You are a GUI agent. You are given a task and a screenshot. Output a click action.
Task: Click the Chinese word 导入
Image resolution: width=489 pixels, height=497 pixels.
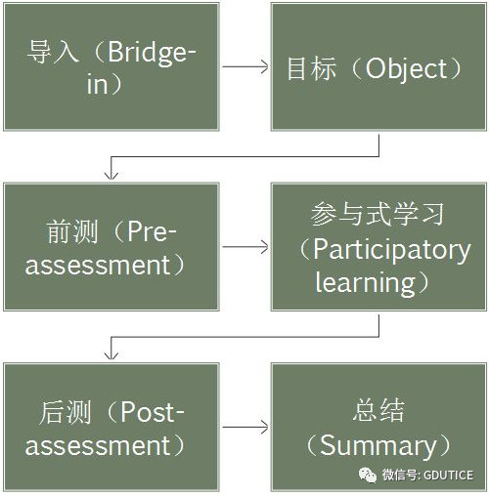(53, 52)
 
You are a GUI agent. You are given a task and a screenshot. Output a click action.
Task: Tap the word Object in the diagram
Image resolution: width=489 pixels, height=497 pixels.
(407, 69)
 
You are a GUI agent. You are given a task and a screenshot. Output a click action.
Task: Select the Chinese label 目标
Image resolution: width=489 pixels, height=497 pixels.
(311, 68)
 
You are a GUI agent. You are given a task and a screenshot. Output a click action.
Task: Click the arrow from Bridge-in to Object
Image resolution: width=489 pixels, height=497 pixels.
(245, 66)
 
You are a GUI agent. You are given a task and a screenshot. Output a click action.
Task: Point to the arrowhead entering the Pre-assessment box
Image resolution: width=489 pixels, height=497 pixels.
(111, 175)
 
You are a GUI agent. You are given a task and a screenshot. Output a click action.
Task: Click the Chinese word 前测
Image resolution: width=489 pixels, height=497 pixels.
(72, 231)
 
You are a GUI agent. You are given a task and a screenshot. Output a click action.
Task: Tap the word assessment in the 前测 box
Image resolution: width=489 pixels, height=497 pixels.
(98, 266)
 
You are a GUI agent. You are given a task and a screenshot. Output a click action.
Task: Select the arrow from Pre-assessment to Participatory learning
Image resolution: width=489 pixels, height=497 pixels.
(245, 247)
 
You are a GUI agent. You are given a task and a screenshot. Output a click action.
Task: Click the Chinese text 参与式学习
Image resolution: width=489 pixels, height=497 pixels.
(378, 214)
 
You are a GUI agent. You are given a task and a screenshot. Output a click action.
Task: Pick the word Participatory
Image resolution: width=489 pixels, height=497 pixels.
(391, 251)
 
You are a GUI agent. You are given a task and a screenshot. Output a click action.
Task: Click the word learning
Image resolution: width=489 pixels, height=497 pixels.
(365, 283)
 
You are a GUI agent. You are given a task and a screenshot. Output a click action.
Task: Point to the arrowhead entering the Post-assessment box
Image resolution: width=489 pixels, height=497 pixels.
(111, 355)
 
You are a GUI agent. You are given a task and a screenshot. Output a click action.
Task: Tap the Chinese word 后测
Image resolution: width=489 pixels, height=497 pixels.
(65, 412)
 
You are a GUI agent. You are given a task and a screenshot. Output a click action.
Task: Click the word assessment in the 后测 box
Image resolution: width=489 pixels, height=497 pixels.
(98, 445)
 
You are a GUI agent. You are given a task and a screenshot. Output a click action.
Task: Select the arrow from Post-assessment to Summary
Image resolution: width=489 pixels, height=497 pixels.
(245, 427)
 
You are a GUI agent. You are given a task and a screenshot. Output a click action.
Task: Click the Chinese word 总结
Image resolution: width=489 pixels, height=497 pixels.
(378, 410)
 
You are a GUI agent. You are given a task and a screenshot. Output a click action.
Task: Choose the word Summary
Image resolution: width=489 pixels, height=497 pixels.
(378, 446)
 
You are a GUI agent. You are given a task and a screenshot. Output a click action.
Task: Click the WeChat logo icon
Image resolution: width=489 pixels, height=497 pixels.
(368, 475)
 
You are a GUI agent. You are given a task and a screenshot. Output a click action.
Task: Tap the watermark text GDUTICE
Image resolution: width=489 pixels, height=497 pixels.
(448, 476)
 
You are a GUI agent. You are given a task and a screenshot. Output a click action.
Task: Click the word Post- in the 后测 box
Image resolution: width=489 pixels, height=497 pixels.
(153, 412)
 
